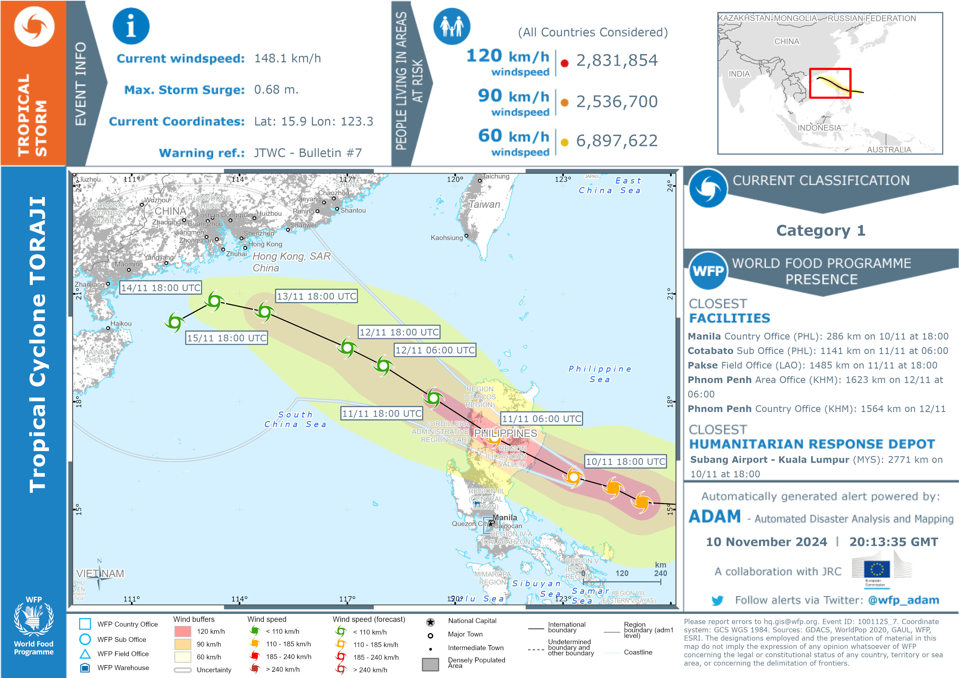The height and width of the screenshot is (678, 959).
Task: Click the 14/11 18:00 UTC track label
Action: point(161,288)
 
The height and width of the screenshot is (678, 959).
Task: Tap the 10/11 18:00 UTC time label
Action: point(625,461)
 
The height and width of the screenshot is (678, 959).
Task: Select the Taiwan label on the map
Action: point(484,204)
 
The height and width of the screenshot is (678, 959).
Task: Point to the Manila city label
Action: point(505,518)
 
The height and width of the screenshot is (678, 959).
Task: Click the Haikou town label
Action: point(121,323)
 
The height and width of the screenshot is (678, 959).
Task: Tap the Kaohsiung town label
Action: point(446,238)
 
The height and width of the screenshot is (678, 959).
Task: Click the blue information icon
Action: point(131,26)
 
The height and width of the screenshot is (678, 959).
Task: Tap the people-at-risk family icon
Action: point(452,26)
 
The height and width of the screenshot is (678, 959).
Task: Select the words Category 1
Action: point(820,230)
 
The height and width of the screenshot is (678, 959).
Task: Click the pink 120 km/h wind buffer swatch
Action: point(183,631)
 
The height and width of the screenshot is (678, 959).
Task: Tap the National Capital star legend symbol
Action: point(430,622)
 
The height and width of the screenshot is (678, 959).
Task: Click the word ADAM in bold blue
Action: point(714,517)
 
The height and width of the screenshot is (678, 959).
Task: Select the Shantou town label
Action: point(353,211)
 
